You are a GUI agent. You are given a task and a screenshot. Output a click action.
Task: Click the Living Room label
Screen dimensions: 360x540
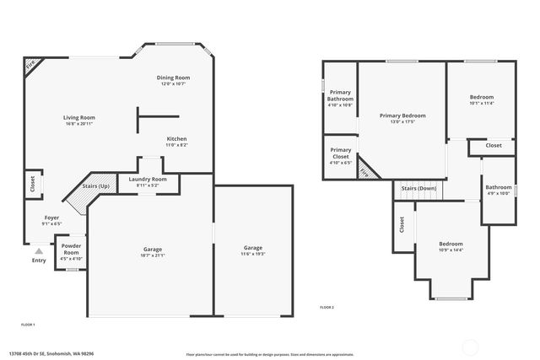tap(79, 117)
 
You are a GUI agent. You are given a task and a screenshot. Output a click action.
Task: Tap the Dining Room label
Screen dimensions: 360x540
tap(173, 78)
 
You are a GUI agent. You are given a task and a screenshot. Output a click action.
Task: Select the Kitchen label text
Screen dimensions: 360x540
tap(176, 138)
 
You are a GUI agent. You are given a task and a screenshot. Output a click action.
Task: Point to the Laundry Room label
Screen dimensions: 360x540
tap(148, 179)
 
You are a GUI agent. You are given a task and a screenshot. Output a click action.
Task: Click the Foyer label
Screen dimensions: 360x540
tap(52, 218)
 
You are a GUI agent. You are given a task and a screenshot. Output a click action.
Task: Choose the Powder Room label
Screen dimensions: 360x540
tap(71, 250)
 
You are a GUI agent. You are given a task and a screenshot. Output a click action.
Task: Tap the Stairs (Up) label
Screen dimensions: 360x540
tap(96, 185)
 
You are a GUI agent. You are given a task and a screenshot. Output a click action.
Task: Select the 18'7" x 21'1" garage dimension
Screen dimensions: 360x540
tap(152, 255)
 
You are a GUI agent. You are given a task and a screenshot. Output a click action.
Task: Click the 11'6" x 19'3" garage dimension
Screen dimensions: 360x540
tap(253, 255)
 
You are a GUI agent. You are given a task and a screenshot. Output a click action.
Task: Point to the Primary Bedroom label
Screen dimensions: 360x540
tap(402, 116)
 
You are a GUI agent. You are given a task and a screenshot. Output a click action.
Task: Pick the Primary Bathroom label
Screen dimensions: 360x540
tap(340, 96)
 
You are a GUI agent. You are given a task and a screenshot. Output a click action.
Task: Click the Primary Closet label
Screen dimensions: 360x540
tap(340, 153)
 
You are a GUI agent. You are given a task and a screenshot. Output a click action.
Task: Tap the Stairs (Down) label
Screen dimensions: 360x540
tap(418, 188)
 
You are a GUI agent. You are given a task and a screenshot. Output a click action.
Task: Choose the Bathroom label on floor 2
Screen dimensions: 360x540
tap(498, 187)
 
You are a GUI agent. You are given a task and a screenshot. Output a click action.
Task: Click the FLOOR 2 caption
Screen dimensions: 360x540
tap(327, 308)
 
